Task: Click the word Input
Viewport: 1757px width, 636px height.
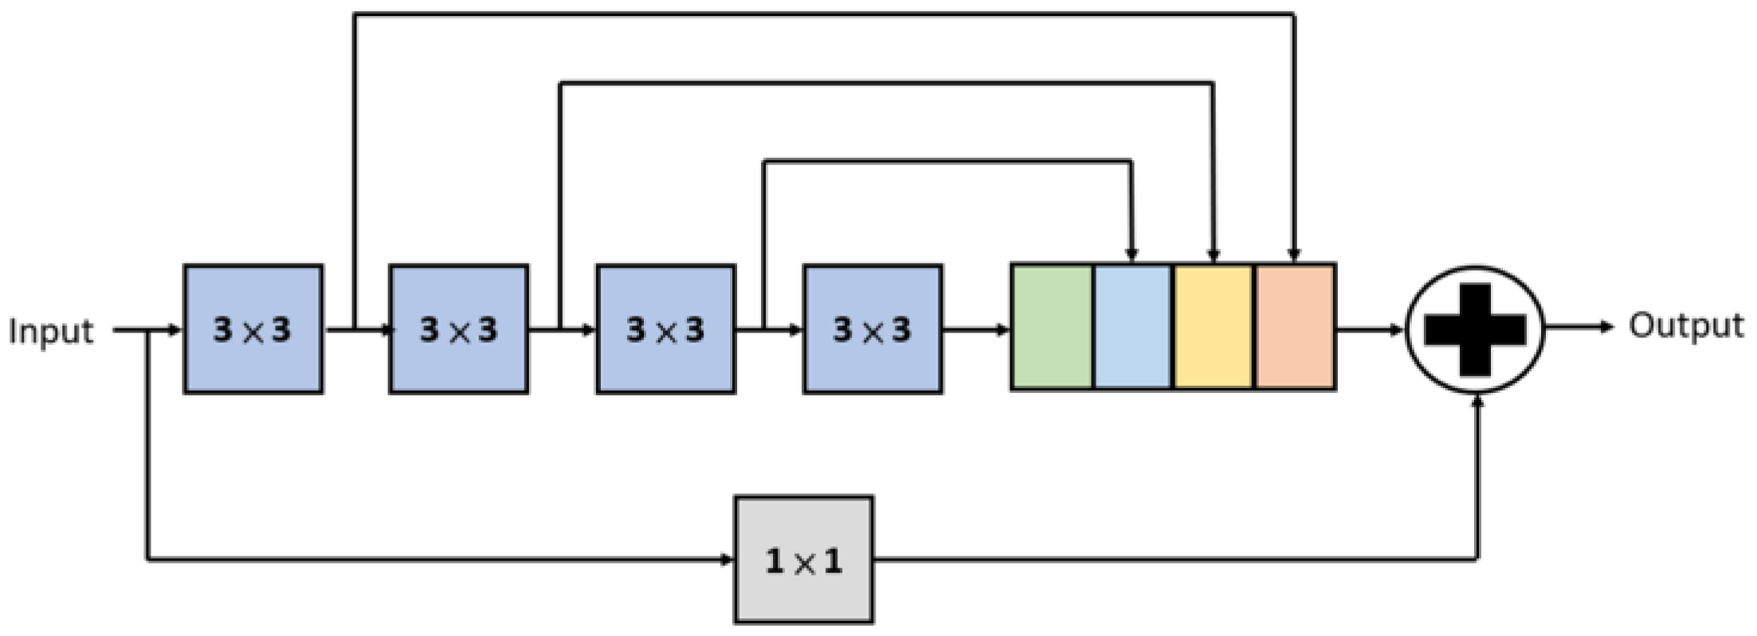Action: (50, 331)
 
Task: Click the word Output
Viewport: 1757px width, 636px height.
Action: (1685, 325)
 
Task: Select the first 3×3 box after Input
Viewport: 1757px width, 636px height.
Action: (253, 329)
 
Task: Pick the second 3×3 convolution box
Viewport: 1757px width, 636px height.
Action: (459, 329)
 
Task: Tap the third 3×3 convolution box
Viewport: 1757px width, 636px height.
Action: (665, 329)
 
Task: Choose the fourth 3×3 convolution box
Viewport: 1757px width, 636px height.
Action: (873, 329)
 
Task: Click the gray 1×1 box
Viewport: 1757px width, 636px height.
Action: (803, 559)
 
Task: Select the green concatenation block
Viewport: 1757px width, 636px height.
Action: (1052, 327)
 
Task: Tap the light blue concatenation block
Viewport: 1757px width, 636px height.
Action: (1133, 327)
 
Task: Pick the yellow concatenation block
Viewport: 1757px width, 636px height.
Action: (1214, 327)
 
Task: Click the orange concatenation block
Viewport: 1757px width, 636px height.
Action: (1296, 327)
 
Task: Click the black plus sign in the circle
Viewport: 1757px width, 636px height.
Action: (1475, 329)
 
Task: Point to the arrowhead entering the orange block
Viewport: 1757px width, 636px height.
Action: (1294, 255)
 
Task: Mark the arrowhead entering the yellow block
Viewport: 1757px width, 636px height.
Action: (1213, 255)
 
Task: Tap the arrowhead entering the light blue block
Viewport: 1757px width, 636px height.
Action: (1131, 255)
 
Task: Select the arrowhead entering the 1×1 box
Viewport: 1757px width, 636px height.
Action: (726, 559)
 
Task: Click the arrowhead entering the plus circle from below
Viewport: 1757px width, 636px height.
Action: (1477, 401)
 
